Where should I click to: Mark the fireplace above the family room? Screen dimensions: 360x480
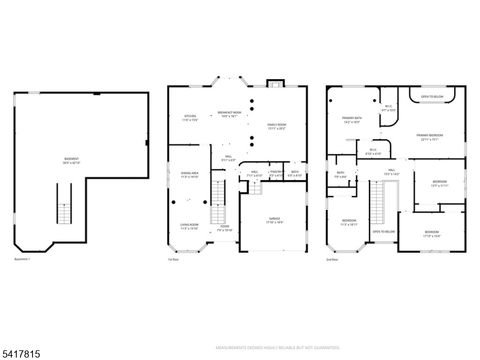275,83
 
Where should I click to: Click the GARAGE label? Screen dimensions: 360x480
274,220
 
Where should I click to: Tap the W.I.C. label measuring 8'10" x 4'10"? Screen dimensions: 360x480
373,151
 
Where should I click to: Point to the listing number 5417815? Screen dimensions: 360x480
21,355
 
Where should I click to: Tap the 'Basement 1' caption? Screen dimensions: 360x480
22,259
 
